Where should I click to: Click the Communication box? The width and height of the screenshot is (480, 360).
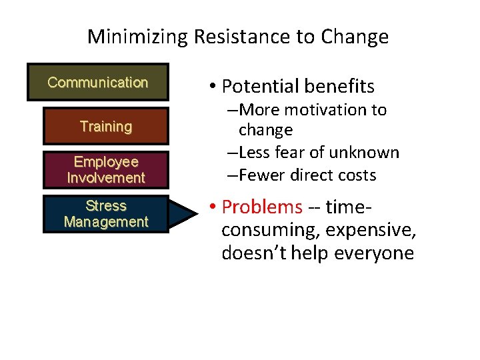click(97, 83)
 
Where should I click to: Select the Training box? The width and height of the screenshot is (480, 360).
click(105, 126)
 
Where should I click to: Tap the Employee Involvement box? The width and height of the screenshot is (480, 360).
click(105, 170)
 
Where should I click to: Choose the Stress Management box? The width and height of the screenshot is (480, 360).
click(105, 213)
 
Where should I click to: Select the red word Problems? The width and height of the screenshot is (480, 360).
click(262, 207)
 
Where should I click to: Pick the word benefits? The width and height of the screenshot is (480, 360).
click(339, 86)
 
